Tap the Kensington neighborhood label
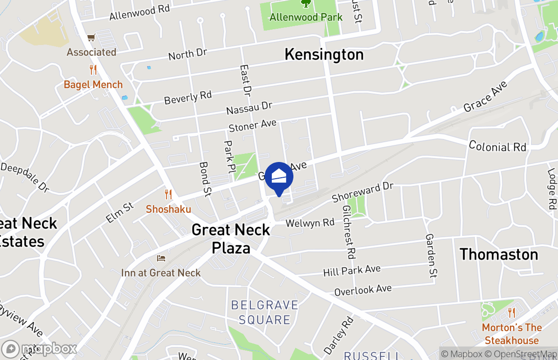[324, 54]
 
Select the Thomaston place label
[499, 254]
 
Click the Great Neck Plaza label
[231, 238]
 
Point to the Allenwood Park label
[306, 17]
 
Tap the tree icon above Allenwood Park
[306, 4]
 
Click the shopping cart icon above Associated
[91, 38]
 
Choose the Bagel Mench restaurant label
[93, 85]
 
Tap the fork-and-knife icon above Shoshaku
[168, 194]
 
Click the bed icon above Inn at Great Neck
[161, 258]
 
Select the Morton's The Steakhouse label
[512, 334]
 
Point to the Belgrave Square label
[265, 312]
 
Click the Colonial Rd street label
[497, 146]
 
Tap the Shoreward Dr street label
[363, 192]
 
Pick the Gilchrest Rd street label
[349, 232]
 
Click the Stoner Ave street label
[252, 126]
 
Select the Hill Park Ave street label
[352, 271]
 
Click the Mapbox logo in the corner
[40, 349]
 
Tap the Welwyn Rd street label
[310, 223]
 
